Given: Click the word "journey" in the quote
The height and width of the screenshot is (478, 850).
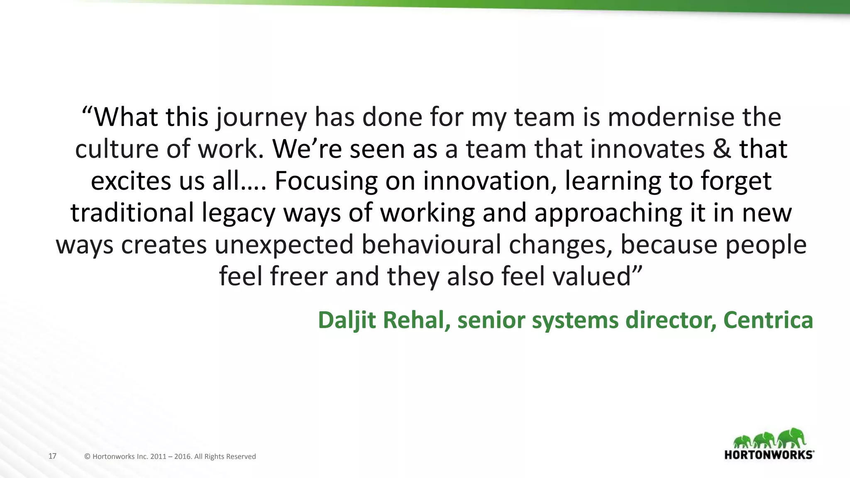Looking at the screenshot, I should point(261,117).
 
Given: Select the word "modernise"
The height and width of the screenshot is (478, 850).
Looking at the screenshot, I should point(671,117).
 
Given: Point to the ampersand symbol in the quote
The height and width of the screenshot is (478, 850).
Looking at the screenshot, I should point(722,149).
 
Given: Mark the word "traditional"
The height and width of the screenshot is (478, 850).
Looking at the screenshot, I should point(132,212).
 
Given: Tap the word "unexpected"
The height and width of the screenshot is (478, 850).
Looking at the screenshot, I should point(284,245).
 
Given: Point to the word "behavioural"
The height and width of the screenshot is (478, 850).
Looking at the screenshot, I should point(431,244).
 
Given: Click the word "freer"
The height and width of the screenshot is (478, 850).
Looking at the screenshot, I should point(299,276).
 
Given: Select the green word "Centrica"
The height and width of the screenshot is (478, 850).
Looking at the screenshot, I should point(768,320).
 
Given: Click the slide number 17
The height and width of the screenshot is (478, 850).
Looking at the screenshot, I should point(52,456).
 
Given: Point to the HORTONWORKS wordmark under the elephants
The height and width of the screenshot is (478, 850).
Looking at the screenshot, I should point(769,454).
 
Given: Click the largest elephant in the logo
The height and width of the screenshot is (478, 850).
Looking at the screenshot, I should point(791,438).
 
